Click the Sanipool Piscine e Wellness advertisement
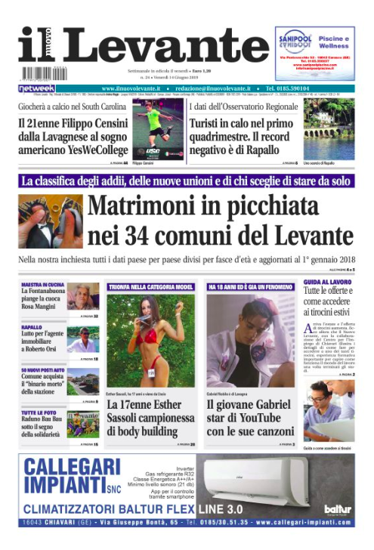[x=314, y=52]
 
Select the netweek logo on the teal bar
[x=37, y=88]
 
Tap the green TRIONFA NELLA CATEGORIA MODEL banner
[x=150, y=287]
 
